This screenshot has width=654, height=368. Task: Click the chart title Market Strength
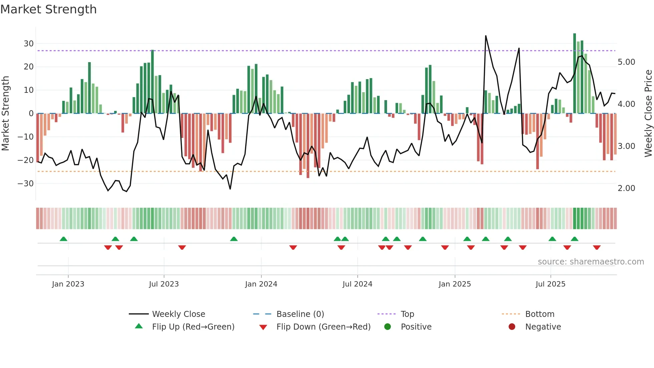coord(48,9)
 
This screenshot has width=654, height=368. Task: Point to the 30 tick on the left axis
coord(29,44)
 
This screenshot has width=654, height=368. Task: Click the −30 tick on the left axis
coord(26,184)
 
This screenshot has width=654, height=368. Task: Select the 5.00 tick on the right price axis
coord(626,62)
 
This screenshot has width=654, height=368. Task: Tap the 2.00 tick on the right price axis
coord(626,188)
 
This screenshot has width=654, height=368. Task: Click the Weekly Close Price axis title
coord(648,114)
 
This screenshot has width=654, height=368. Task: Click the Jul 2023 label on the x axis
coord(164,284)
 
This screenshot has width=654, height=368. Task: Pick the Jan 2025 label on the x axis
coord(454,284)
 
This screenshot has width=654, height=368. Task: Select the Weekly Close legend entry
coord(178,314)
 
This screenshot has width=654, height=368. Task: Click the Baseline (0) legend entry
coord(300,314)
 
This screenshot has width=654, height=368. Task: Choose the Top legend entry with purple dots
coord(407,314)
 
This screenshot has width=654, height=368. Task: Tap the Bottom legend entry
coord(540,314)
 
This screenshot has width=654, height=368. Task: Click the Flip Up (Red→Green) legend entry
coord(193,327)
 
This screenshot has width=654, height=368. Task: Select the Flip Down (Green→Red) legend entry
coord(323,327)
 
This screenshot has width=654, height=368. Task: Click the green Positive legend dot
coord(387,327)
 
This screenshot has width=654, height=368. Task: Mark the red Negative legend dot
coord(512,327)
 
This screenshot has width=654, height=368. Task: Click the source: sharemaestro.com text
coord(591,262)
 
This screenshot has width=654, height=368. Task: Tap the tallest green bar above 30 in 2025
coord(575,73)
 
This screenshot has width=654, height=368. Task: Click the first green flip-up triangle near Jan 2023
coord(63,239)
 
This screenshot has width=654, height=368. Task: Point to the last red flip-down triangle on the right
coord(597,247)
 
